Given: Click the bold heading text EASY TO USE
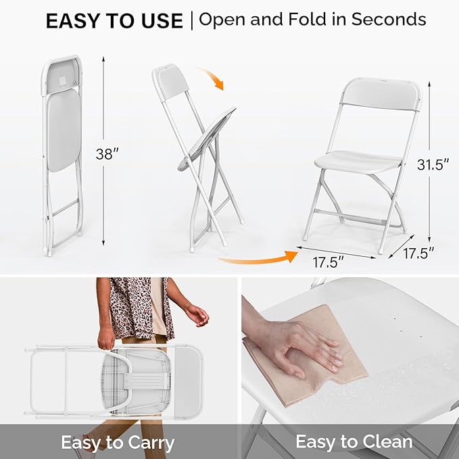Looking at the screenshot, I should [x=114, y=21].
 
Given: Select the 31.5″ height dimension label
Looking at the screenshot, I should [x=433, y=164].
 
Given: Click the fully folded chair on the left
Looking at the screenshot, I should [x=62, y=152].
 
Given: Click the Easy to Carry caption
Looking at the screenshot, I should [x=118, y=443].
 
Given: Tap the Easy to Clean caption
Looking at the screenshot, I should [x=354, y=442].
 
